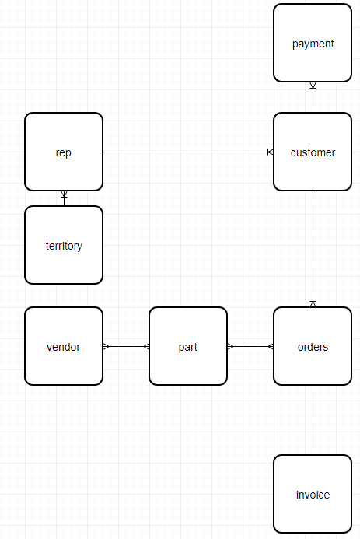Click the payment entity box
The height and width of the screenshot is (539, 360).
click(x=313, y=43)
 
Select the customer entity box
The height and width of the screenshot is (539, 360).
click(x=313, y=152)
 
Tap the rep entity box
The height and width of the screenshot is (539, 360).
click(x=64, y=152)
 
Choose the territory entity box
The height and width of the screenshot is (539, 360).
click(x=64, y=245)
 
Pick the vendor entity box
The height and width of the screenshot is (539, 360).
click(x=64, y=346)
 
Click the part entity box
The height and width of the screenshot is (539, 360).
click(x=188, y=346)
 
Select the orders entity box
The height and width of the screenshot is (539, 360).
click(x=313, y=346)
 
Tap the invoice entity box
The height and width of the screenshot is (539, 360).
click(x=313, y=494)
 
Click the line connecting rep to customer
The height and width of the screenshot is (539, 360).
click(x=187, y=152)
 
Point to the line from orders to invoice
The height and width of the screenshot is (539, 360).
click(x=313, y=420)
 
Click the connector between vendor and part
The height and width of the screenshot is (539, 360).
click(x=126, y=346)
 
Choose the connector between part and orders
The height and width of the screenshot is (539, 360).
click(x=250, y=346)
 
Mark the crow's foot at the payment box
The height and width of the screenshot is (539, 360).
click(x=313, y=86)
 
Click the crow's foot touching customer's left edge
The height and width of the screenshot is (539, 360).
click(x=270, y=152)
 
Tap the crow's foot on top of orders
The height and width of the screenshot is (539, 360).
click(x=313, y=303)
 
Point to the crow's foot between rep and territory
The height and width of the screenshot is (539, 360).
click(x=64, y=194)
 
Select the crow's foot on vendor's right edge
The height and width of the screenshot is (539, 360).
click(x=107, y=346)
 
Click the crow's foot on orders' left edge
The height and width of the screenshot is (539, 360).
click(x=270, y=346)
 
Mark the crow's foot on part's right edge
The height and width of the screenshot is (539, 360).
click(x=231, y=346)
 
